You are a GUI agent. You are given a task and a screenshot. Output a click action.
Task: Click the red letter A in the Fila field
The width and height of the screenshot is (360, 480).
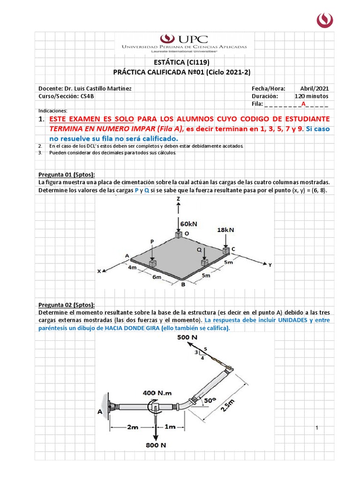[x=303, y=104]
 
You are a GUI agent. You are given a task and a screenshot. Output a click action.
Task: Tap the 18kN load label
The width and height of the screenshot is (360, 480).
[x=225, y=230]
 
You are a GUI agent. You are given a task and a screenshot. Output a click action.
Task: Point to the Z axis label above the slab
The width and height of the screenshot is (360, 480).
[x=179, y=199]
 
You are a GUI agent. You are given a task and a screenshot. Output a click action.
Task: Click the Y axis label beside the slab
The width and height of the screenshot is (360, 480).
[x=270, y=265]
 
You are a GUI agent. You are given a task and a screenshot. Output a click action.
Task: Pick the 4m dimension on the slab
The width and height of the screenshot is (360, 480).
[x=133, y=268]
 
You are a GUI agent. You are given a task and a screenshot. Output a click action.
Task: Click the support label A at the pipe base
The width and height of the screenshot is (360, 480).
[x=99, y=411]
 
